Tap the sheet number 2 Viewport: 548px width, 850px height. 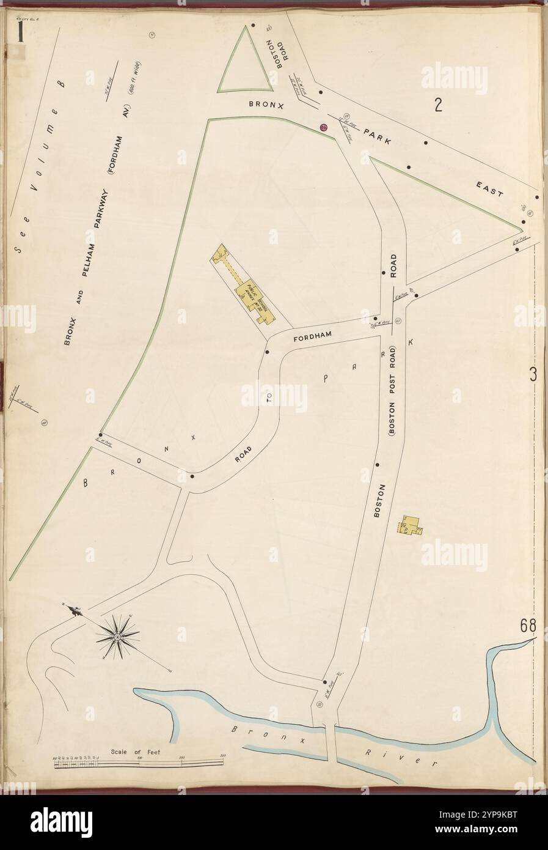click(x=438, y=106)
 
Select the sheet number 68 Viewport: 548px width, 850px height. click(x=528, y=626)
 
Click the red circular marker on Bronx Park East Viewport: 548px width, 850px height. click(x=324, y=127)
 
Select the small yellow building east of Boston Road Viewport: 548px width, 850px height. click(x=411, y=525)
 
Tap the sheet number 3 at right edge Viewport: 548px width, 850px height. click(x=533, y=375)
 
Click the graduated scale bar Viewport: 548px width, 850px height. click(x=138, y=763)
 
